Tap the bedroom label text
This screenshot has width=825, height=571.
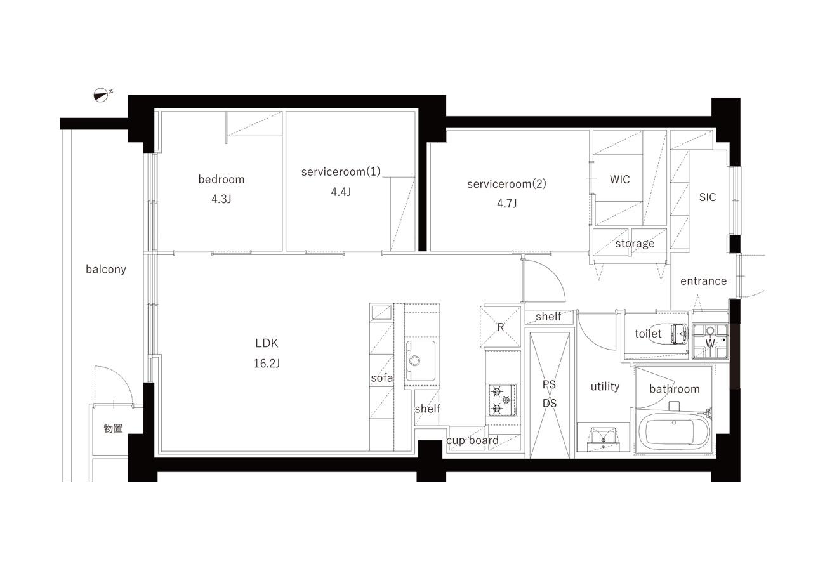(x=221, y=180)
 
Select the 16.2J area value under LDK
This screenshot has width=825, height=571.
(x=267, y=364)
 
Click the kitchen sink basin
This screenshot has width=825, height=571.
(x=420, y=360)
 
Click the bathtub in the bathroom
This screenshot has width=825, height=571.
(x=673, y=432)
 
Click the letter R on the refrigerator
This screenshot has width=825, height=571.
(x=501, y=327)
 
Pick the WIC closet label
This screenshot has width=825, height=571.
(x=619, y=180)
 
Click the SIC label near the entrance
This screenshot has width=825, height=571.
(x=708, y=197)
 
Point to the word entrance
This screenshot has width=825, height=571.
(x=703, y=281)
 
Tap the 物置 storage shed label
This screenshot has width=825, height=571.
(x=113, y=428)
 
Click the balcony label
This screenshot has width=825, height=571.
(x=106, y=269)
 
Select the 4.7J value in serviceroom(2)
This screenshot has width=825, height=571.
(x=507, y=204)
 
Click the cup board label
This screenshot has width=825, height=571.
(x=473, y=440)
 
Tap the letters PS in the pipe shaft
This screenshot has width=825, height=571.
(x=549, y=384)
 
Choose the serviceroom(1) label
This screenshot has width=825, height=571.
(x=341, y=172)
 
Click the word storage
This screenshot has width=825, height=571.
(x=635, y=244)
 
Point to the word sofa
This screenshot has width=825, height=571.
(x=382, y=378)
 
